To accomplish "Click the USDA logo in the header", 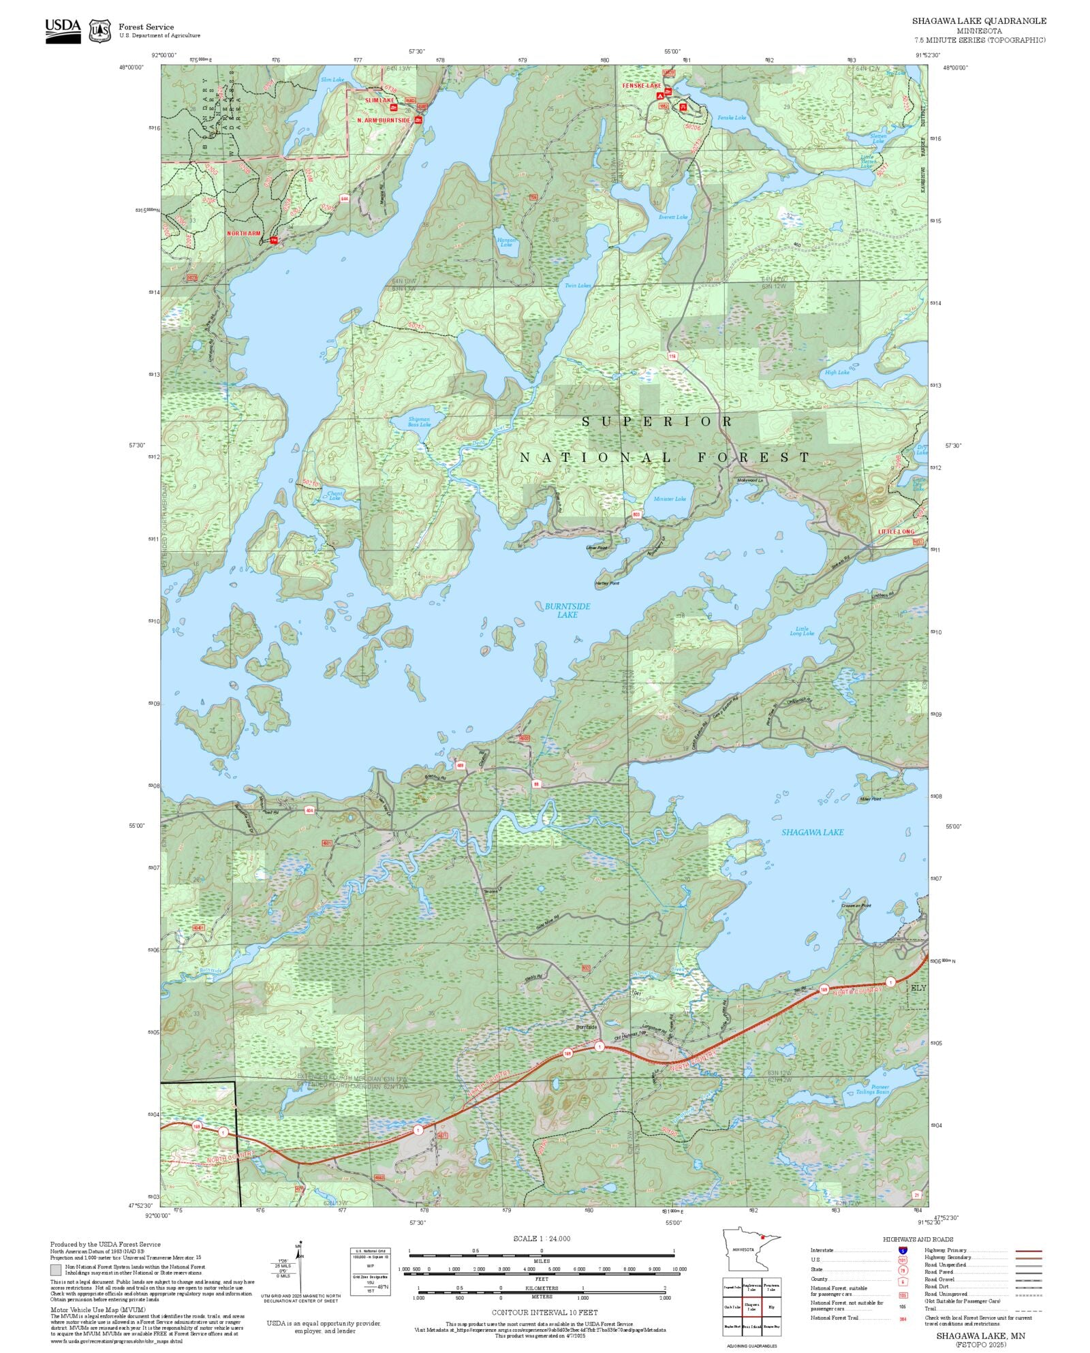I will click(63, 30).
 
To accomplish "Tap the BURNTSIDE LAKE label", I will click(567, 610).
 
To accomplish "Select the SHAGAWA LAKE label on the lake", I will click(812, 832).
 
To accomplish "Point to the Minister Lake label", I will click(670, 499).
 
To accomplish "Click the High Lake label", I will click(837, 373).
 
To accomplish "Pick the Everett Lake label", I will click(673, 217).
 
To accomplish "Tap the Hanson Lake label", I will click(506, 242).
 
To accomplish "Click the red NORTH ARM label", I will click(243, 234).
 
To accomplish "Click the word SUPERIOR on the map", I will click(657, 422).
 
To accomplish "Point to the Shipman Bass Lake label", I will click(419, 422).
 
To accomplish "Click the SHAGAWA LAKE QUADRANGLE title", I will click(979, 21).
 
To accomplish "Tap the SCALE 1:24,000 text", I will click(542, 1239).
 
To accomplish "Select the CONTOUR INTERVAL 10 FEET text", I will click(544, 1312).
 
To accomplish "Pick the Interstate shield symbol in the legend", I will click(903, 1250).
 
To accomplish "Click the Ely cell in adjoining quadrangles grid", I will click(770, 1307).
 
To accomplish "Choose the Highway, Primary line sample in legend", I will click(1028, 1251).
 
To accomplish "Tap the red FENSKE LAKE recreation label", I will click(641, 86).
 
